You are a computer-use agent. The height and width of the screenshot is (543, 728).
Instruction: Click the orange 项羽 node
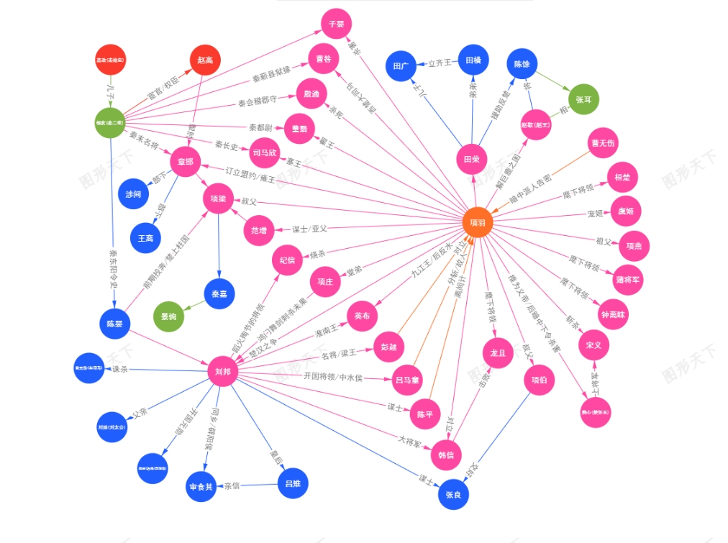click(x=478, y=223)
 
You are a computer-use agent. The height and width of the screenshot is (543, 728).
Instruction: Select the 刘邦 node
click(x=222, y=371)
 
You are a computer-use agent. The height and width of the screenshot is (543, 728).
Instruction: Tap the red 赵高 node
click(x=205, y=60)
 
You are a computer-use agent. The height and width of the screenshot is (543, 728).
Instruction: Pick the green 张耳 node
click(x=583, y=100)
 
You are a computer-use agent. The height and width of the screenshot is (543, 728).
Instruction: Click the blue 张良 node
click(x=453, y=494)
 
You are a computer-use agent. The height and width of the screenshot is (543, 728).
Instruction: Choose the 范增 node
click(x=259, y=230)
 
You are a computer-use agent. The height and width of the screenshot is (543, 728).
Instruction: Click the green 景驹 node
click(x=169, y=316)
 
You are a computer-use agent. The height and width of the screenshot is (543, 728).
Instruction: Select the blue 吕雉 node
click(x=293, y=483)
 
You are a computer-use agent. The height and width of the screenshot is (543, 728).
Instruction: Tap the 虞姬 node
click(x=625, y=211)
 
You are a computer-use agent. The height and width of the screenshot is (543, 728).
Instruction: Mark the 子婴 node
click(x=336, y=24)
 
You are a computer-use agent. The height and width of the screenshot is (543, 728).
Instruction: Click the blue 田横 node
click(x=473, y=60)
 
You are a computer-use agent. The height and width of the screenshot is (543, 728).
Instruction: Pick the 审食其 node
click(x=201, y=487)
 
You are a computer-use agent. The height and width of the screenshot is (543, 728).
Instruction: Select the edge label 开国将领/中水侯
click(x=332, y=377)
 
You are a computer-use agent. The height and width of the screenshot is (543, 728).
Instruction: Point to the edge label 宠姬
click(x=595, y=214)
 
